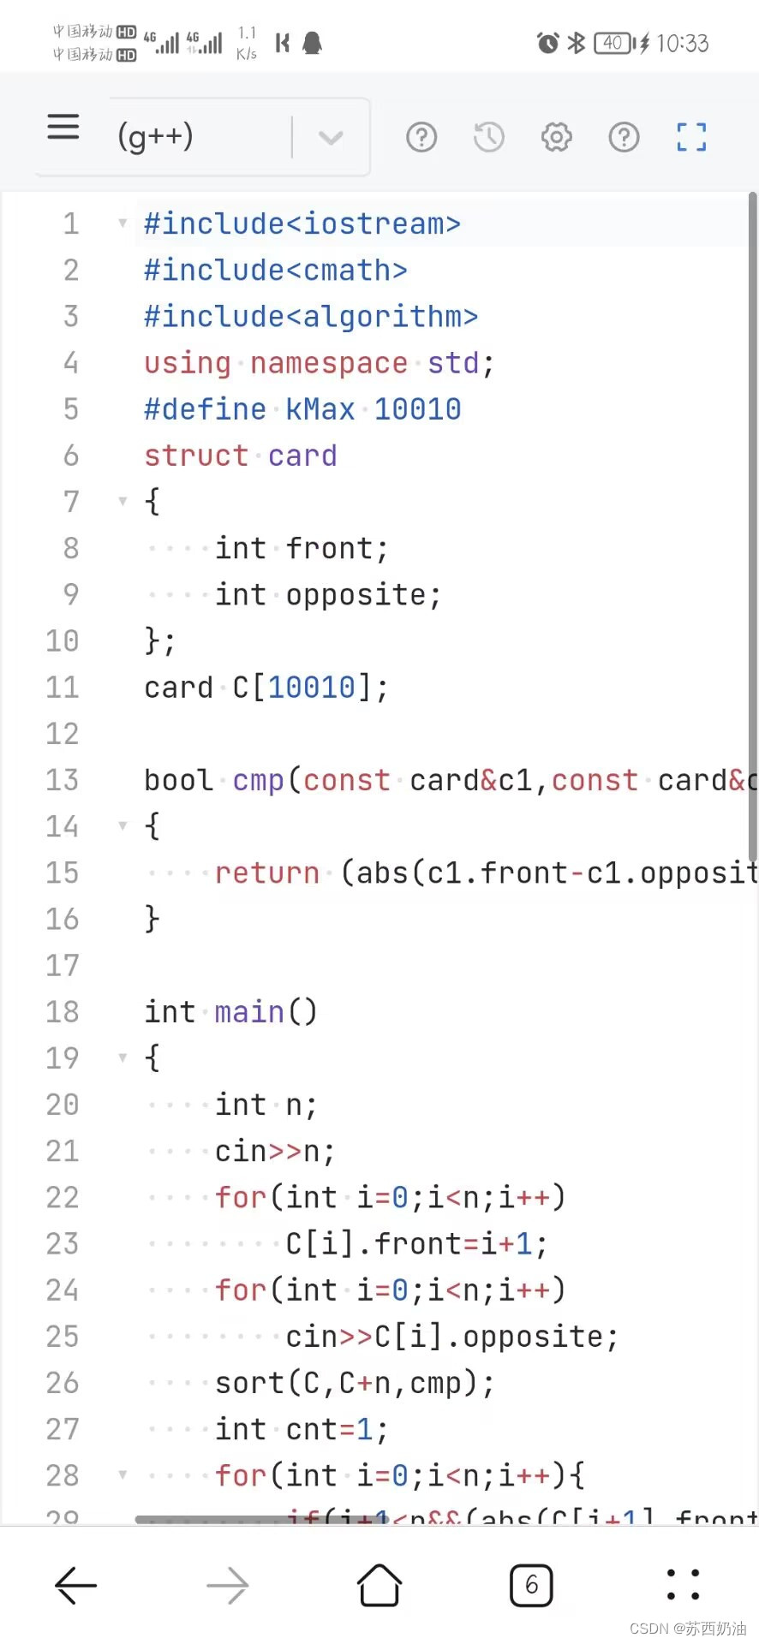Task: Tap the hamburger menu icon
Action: click(63, 128)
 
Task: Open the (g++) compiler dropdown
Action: click(330, 137)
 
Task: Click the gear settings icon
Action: click(556, 137)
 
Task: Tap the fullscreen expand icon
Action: click(691, 137)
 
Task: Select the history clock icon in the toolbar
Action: click(489, 137)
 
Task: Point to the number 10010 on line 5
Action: click(417, 409)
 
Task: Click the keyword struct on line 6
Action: click(196, 456)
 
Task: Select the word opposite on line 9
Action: click(356, 594)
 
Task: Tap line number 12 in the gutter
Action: click(63, 734)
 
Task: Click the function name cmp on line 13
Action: click(258, 780)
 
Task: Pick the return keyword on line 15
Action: click(266, 873)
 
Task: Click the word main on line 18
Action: click(248, 1012)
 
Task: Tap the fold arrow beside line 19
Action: click(123, 1058)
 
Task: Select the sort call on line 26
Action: click(249, 1383)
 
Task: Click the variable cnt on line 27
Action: click(311, 1429)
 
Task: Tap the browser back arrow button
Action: click(75, 1586)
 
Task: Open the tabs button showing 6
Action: click(531, 1586)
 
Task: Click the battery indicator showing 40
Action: click(613, 43)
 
